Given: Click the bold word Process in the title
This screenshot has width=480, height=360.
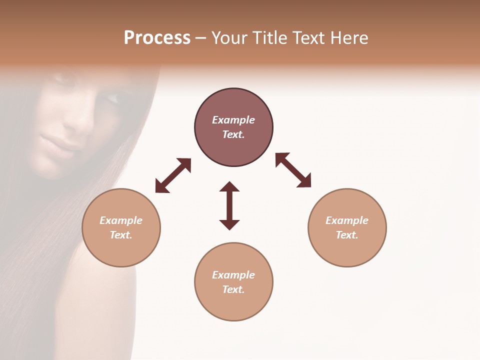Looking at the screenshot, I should [x=157, y=38].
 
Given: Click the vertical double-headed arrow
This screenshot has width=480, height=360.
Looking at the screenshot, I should [x=229, y=205].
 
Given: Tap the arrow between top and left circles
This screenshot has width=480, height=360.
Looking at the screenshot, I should [x=173, y=175].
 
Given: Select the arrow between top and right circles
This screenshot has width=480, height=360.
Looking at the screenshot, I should [x=293, y=170].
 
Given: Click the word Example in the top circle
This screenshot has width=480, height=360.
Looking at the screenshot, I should [x=233, y=120].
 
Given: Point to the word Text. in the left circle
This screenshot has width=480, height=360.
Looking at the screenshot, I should [x=121, y=235].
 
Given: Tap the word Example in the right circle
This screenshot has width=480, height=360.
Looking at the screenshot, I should [x=347, y=220].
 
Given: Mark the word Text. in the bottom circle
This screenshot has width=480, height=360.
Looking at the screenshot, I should [x=233, y=289].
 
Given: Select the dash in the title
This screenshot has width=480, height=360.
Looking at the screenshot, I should [x=200, y=38].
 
